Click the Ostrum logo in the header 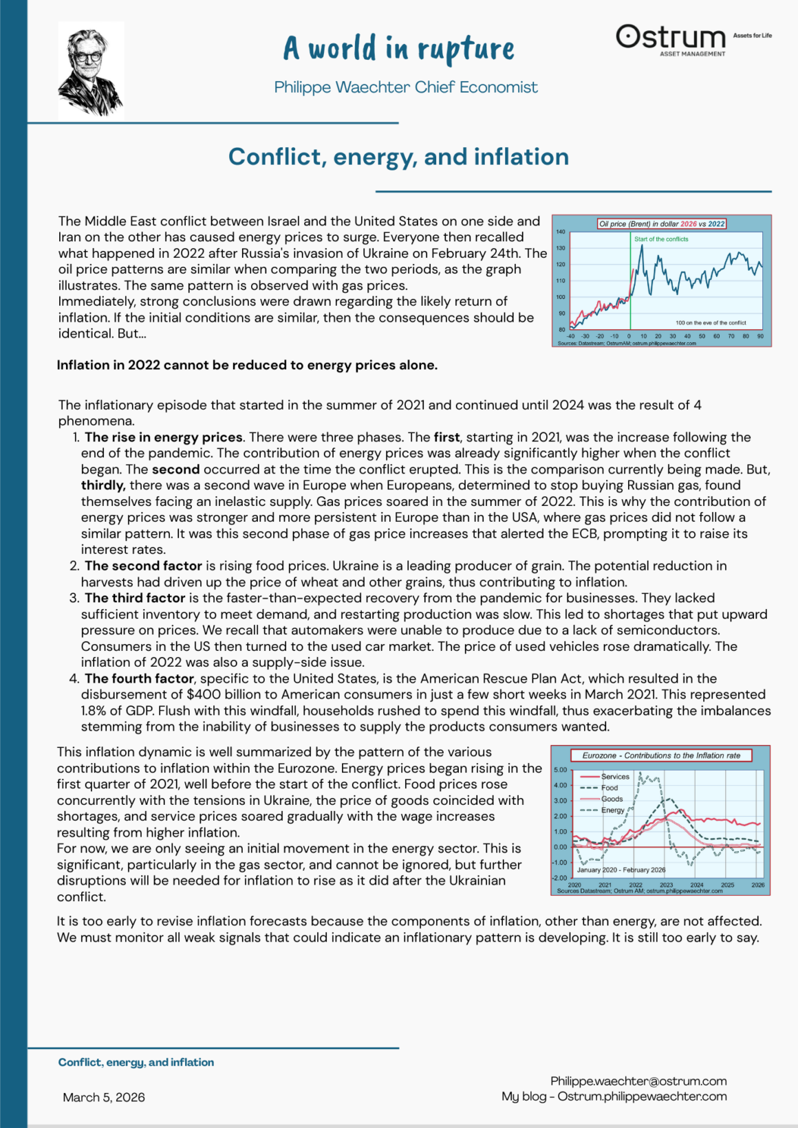point(671,38)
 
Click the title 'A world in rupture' point(398,49)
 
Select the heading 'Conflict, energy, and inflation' point(398,157)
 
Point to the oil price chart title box point(662,223)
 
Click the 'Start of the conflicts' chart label point(661,239)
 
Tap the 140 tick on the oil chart point(561,232)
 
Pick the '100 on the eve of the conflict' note point(711,322)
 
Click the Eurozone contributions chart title point(661,755)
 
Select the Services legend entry point(615,777)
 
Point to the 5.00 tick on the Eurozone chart point(560,770)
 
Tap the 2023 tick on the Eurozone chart point(666,885)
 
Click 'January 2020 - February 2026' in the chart point(621,870)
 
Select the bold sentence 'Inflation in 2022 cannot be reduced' point(247,365)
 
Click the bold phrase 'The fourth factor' point(139,678)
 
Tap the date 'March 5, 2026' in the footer point(104,1097)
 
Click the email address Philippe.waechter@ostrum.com point(638,1081)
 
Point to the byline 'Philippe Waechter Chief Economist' point(406,87)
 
